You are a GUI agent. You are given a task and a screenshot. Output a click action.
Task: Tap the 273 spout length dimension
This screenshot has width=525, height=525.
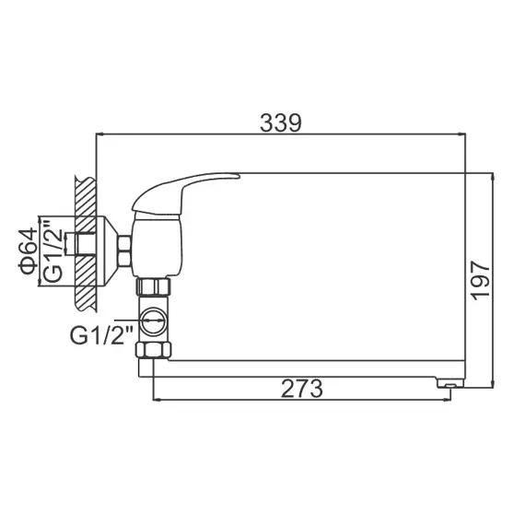302,389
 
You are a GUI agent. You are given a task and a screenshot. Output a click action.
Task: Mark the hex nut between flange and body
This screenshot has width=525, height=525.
125,247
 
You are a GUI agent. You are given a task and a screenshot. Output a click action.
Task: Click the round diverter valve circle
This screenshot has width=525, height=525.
157,325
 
